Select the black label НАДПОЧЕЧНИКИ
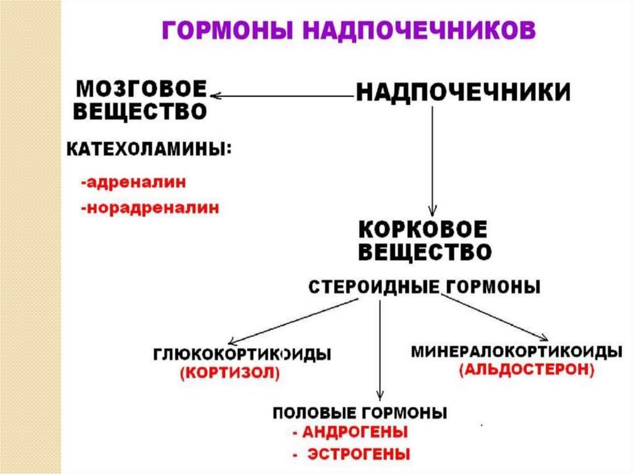pos(462,93)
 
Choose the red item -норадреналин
pos(150,208)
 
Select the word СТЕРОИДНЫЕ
pos(370,287)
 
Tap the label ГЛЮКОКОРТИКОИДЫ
pos(242,355)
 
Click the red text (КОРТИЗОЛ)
pos(230,373)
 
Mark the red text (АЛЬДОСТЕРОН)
pos(527,370)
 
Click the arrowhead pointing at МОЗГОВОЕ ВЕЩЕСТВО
pos(215,96)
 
